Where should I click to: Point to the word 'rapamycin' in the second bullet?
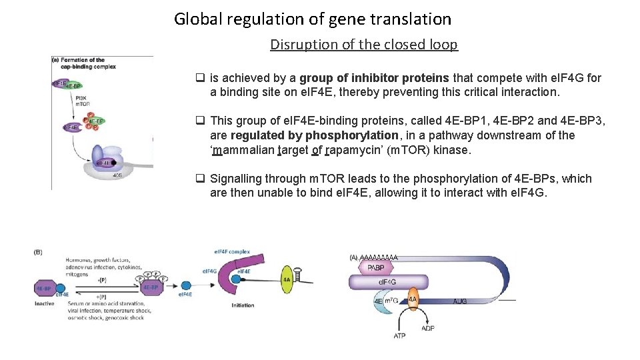(x=354, y=150)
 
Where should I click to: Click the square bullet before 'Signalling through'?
(x=199, y=179)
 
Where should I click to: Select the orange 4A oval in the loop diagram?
(x=413, y=299)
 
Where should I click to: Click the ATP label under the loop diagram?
(x=399, y=336)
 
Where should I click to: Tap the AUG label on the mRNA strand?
(x=460, y=301)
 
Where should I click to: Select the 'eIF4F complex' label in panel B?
(x=231, y=251)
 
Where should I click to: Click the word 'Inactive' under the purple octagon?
(x=44, y=304)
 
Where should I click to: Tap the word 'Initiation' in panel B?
(x=243, y=305)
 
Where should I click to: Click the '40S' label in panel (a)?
(x=117, y=175)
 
